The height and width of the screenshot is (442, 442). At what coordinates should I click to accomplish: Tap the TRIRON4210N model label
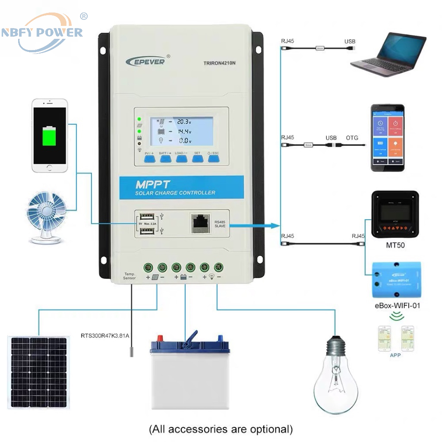(220, 63)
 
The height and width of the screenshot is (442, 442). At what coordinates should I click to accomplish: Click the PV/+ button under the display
(149, 158)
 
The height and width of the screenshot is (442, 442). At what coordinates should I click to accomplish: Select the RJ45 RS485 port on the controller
(201, 223)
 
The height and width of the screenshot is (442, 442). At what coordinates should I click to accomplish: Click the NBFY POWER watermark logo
(42, 32)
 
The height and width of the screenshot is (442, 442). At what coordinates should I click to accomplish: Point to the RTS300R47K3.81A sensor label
(105, 335)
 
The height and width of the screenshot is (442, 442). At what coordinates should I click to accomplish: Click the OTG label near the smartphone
(352, 138)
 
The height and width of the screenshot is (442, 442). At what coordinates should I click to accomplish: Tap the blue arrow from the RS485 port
(254, 225)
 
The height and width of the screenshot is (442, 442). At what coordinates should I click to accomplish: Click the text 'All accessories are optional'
(221, 429)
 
